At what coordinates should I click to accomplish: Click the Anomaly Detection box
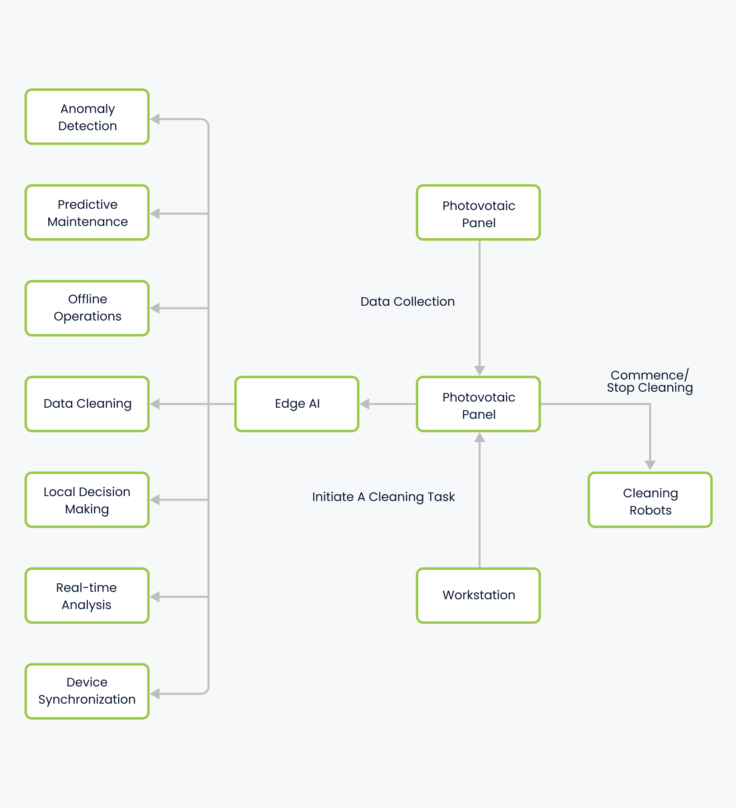pyautogui.click(x=87, y=117)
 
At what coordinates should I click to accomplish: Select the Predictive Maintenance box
pyautogui.click(x=87, y=213)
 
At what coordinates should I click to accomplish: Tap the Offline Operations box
pyautogui.click(x=87, y=308)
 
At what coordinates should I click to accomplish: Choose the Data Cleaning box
pyautogui.click(x=87, y=404)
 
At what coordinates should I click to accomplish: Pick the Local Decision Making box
pyautogui.click(x=87, y=500)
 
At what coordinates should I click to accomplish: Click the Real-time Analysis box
pyautogui.click(x=87, y=596)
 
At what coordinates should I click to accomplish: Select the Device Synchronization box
pyautogui.click(x=87, y=691)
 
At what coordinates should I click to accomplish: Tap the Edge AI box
pyautogui.click(x=297, y=404)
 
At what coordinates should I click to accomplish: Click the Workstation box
pyautogui.click(x=478, y=596)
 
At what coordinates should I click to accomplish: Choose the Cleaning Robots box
pyautogui.click(x=650, y=500)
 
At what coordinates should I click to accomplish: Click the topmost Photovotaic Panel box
pyautogui.click(x=478, y=213)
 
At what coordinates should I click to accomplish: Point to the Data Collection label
pyautogui.click(x=407, y=302)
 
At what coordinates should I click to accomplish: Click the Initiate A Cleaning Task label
pyautogui.click(x=383, y=497)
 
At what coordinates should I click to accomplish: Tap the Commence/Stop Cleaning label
pyautogui.click(x=650, y=381)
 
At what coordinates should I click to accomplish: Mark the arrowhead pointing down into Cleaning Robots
pyautogui.click(x=650, y=465)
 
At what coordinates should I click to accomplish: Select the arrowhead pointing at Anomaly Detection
pyautogui.click(x=155, y=120)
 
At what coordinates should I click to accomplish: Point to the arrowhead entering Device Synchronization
pyautogui.click(x=155, y=694)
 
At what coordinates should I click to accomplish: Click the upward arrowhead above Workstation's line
pyautogui.click(x=480, y=438)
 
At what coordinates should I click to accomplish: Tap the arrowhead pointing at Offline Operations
pyautogui.click(x=155, y=308)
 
